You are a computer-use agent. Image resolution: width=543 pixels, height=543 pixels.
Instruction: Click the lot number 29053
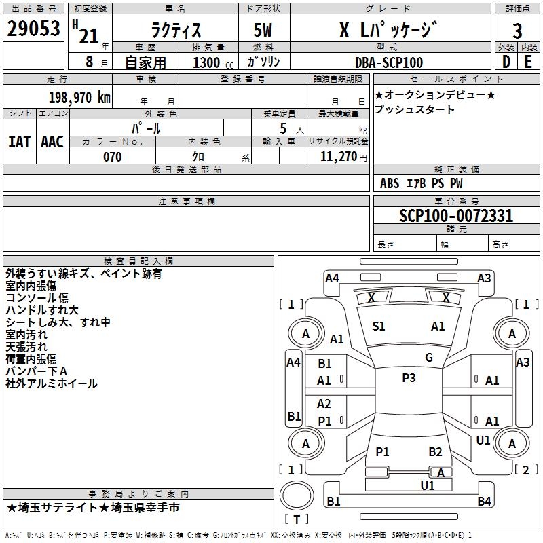33,29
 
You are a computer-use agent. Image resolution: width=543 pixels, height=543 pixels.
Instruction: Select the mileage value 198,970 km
79,98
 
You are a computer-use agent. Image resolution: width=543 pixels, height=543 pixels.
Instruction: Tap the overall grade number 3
517,31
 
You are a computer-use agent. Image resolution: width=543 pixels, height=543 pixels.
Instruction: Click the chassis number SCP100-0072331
456,216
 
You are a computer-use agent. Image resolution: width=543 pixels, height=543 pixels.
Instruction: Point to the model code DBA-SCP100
389,62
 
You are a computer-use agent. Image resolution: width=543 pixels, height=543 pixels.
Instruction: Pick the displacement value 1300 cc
213,62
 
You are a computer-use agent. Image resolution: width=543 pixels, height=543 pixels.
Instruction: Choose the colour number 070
113,157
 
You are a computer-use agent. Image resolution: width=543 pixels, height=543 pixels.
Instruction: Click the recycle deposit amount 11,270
338,157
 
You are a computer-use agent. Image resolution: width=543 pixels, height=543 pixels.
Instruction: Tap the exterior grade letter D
506,62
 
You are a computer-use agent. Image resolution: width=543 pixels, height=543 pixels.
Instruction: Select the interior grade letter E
528,62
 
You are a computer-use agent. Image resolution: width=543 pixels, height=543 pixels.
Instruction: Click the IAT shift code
19,142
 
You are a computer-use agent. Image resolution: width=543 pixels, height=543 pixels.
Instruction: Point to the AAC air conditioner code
52,142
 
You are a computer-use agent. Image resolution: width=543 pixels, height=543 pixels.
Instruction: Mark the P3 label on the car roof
409,378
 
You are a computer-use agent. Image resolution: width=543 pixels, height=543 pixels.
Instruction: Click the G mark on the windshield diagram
429,358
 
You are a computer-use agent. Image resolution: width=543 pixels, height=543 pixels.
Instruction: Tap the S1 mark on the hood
379,326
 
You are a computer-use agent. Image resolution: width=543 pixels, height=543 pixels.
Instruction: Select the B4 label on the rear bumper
484,501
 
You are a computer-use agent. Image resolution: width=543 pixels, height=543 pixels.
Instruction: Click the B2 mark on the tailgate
435,452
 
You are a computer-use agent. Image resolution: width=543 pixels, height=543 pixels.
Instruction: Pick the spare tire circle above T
297,495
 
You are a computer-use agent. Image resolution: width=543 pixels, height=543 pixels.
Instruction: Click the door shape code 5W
263,30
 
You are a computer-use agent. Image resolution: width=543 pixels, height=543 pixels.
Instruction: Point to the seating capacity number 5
283,128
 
